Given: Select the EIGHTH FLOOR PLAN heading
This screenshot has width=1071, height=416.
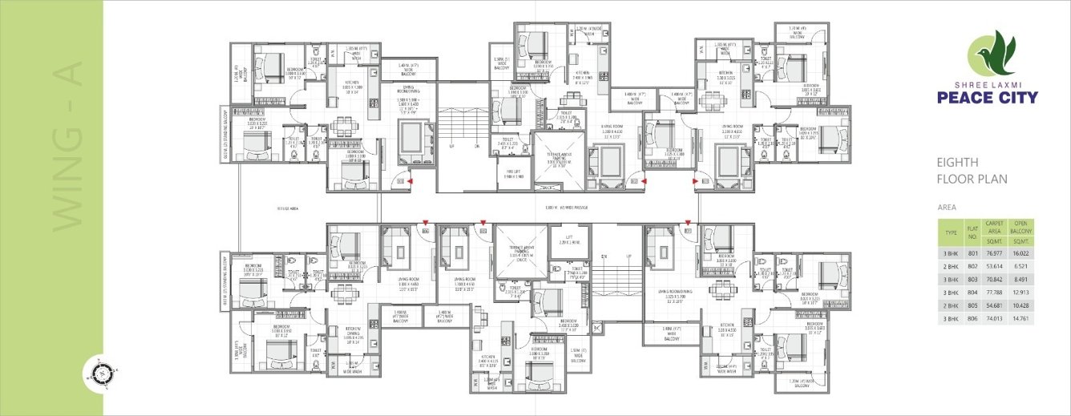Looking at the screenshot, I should (x=972, y=170).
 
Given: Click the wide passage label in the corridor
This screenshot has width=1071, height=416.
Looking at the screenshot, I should (x=566, y=208).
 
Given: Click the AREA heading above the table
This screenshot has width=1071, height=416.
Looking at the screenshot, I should (x=947, y=207).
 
